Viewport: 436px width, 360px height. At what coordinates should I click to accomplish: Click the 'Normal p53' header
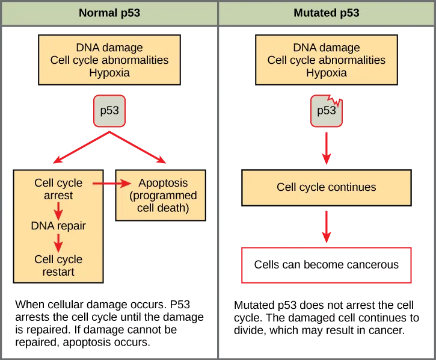(x=109, y=13)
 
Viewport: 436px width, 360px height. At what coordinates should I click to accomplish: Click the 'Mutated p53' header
(x=327, y=13)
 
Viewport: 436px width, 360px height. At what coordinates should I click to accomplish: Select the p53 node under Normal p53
(x=109, y=111)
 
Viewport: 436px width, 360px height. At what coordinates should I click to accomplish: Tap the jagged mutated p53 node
(x=327, y=111)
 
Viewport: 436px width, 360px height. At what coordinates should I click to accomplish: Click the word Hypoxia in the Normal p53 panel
(x=109, y=73)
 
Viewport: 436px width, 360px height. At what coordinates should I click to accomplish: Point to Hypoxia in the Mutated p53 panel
(x=327, y=73)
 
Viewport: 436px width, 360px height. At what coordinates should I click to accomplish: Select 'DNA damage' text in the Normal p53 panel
(x=109, y=48)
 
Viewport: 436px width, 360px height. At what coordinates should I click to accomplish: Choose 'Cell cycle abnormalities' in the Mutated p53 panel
(x=327, y=60)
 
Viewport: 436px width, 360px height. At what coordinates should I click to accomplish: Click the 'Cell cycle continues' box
(x=327, y=187)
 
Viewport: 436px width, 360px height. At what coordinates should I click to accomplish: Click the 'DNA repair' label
(x=58, y=226)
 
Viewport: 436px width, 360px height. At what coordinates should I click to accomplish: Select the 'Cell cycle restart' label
(x=58, y=265)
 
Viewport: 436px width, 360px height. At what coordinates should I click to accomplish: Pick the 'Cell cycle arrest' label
(x=58, y=189)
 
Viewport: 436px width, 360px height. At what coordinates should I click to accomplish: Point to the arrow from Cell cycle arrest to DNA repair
(x=58, y=210)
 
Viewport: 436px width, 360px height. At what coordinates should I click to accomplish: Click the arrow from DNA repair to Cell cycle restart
(x=58, y=243)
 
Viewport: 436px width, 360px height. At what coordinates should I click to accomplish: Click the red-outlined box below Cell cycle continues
(x=327, y=264)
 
